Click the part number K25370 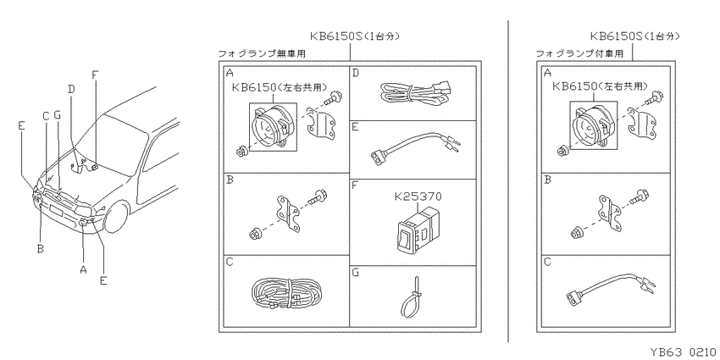[x=418, y=197]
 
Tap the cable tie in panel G [x=412, y=298]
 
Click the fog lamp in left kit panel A [x=271, y=126]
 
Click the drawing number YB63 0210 [x=682, y=352]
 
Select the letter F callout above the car [x=95, y=75]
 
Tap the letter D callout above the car [x=71, y=88]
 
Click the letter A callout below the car [x=83, y=269]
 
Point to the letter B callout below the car [x=41, y=248]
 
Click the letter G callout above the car [x=58, y=115]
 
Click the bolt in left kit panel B [x=319, y=197]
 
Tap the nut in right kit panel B [x=576, y=233]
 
